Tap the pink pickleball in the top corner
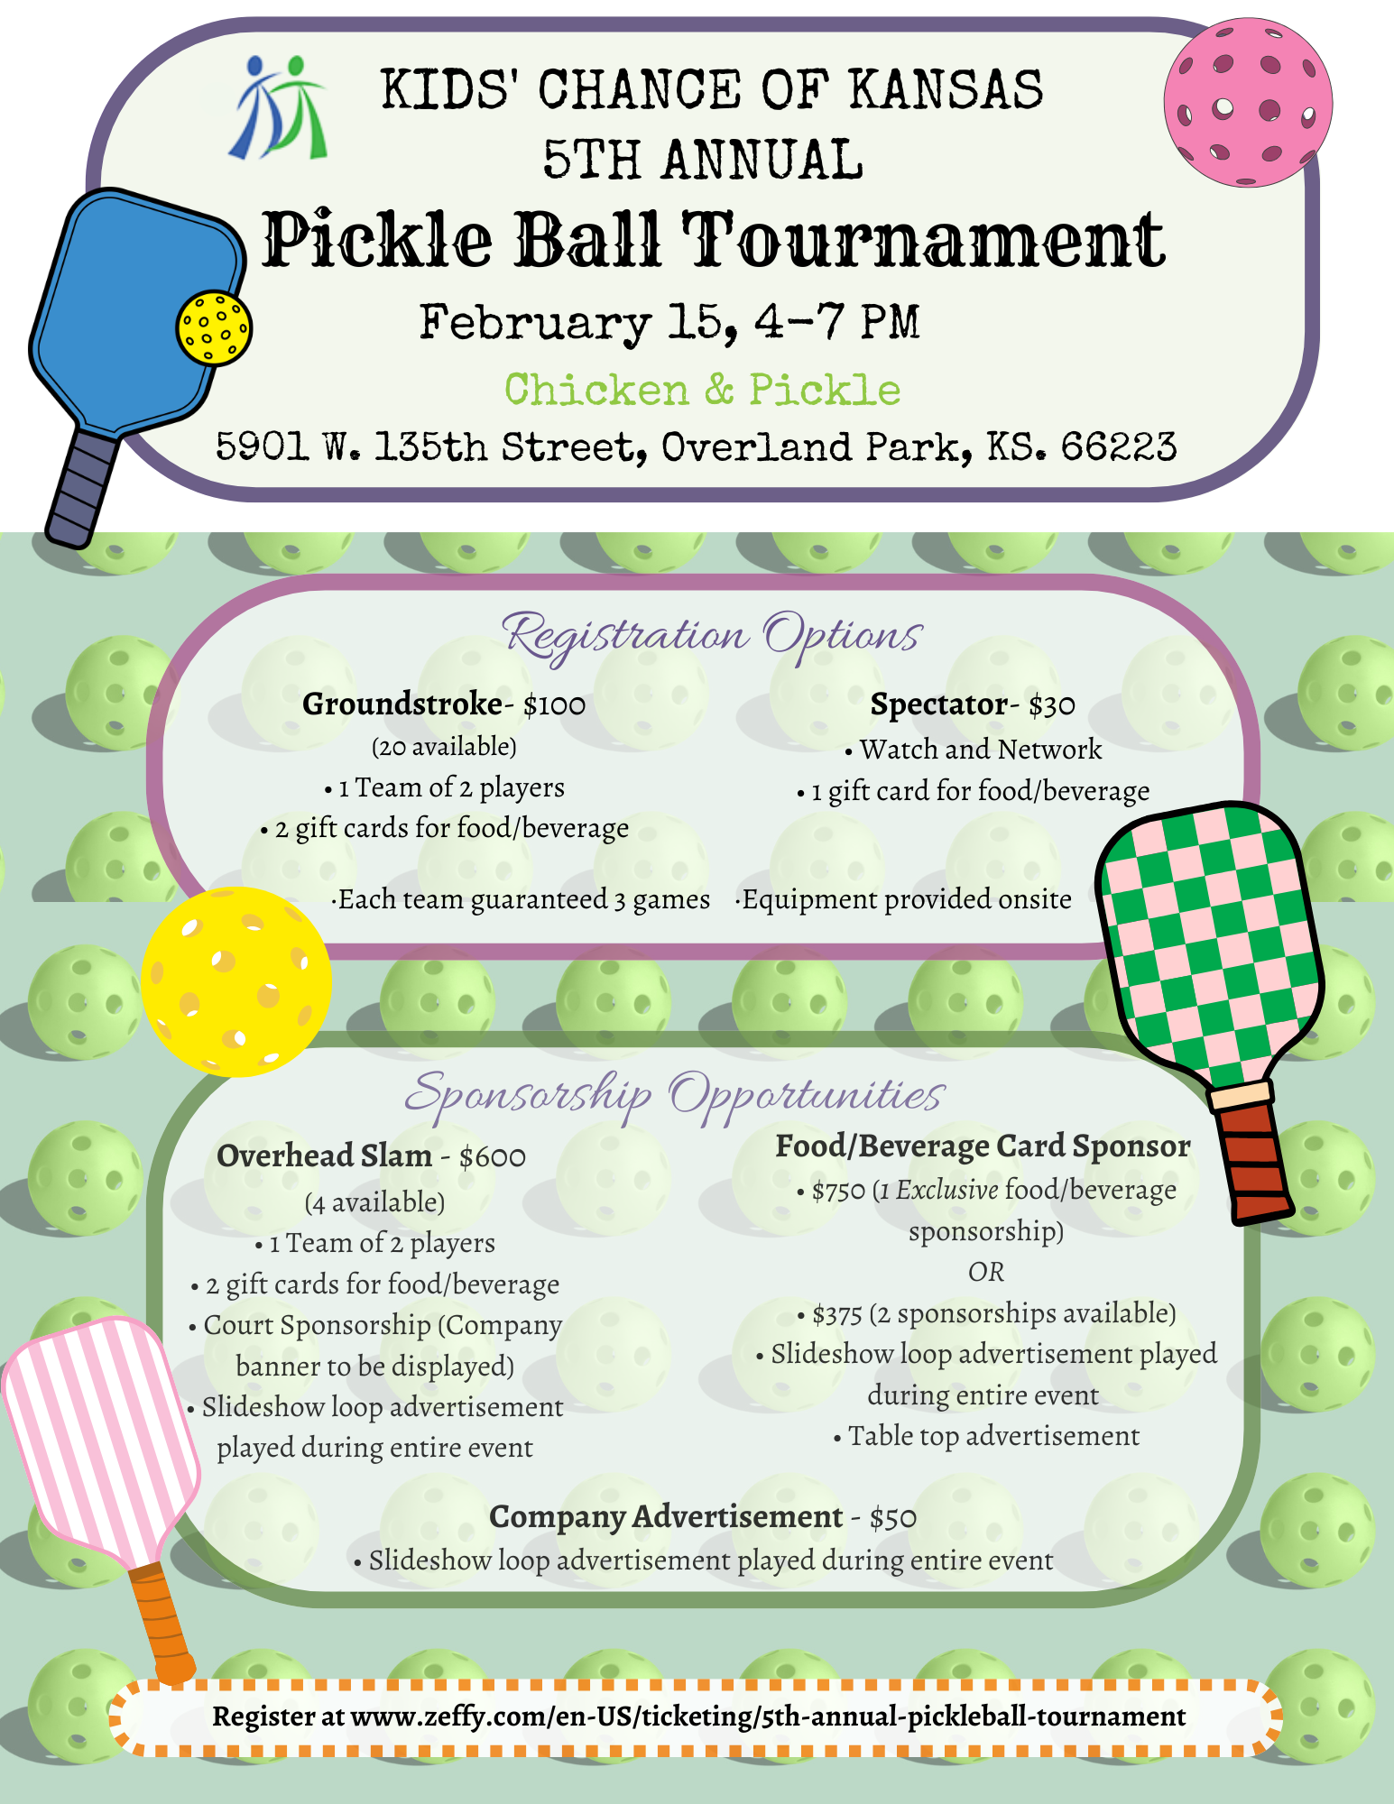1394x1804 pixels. click(1247, 103)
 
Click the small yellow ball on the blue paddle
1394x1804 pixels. click(214, 327)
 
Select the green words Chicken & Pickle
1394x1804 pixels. click(702, 391)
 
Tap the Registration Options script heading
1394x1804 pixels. click(713, 635)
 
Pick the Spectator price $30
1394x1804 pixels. click(1052, 705)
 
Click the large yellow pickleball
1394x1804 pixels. click(236, 981)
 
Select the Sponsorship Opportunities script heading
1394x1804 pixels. click(674, 1095)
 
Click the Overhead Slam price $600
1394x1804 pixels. click(493, 1157)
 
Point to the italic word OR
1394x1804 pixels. click(985, 1272)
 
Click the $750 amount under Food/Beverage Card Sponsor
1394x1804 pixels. click(838, 1192)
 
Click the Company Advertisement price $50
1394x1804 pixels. click(893, 1518)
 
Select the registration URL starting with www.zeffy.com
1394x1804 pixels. click(768, 1717)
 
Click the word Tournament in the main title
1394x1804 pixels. click(922, 241)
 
